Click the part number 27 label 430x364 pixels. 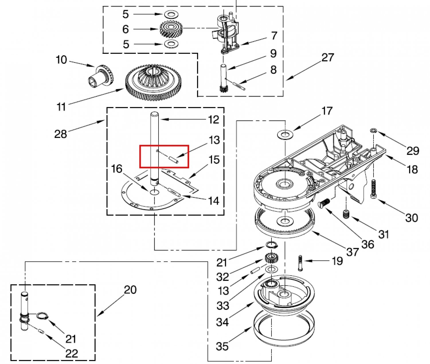click(x=328, y=57)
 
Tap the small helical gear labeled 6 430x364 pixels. click(x=171, y=29)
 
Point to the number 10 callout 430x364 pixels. click(x=61, y=60)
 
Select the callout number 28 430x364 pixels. click(x=60, y=134)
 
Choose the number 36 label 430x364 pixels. click(x=368, y=244)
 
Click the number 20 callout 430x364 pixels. click(x=130, y=290)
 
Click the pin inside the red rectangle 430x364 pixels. click(x=173, y=159)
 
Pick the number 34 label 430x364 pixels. click(x=222, y=322)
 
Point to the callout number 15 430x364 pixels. click(x=214, y=160)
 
